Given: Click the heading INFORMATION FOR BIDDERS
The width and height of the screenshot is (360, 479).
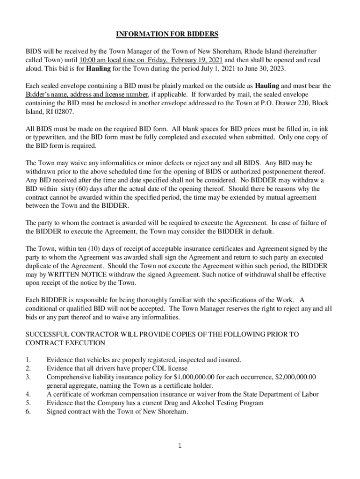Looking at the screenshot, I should click(167, 34).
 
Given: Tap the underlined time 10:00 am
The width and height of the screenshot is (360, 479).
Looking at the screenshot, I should click(94, 60).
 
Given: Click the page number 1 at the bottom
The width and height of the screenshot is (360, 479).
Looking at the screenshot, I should click(180, 446).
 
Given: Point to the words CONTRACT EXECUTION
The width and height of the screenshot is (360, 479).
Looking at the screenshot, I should click(65, 343).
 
